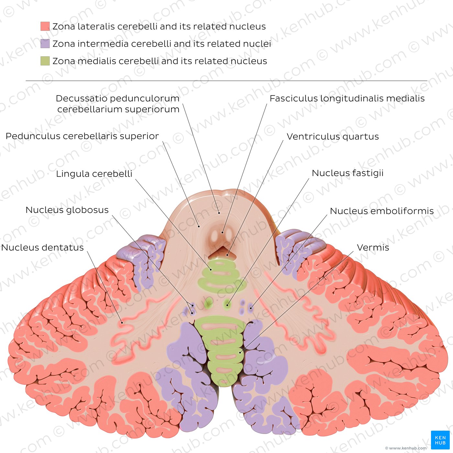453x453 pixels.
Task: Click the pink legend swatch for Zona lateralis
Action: [x=45, y=26]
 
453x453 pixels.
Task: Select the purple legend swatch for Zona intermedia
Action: [x=45, y=43]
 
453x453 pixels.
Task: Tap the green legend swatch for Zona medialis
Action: [x=45, y=61]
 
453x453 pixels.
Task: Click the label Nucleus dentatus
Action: [x=42, y=248]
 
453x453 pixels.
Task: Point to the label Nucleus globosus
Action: [x=67, y=210]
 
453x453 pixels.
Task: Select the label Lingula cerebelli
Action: [x=94, y=174]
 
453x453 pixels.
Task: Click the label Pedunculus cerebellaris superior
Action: [x=82, y=136]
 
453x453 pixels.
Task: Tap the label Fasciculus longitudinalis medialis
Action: [x=347, y=98]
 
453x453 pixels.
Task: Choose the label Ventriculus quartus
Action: [x=333, y=137]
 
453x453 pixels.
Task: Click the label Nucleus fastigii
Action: [x=348, y=173]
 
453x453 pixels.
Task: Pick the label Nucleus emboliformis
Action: [x=382, y=211]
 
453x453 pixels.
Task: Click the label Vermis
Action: [x=373, y=248]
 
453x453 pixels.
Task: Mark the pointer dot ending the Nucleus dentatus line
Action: [x=122, y=323]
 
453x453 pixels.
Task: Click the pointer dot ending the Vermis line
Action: [x=240, y=352]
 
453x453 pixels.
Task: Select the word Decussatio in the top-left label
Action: [x=81, y=98]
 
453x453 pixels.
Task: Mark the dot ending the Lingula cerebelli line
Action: [x=211, y=270]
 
